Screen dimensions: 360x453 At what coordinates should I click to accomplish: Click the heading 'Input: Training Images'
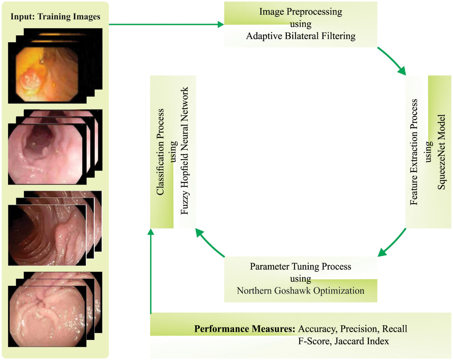coord(55,16)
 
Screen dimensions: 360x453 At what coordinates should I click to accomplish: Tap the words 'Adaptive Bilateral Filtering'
coord(301,36)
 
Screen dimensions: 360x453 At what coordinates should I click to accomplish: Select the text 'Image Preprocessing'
coord(301,12)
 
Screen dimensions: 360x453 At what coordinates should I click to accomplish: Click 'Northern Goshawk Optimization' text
coord(301,291)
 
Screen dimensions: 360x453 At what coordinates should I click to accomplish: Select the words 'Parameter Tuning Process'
coord(301,266)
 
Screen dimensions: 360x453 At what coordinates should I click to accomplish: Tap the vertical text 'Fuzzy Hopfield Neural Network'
coord(184,151)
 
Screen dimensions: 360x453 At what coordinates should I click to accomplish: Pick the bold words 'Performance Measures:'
coord(245,329)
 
